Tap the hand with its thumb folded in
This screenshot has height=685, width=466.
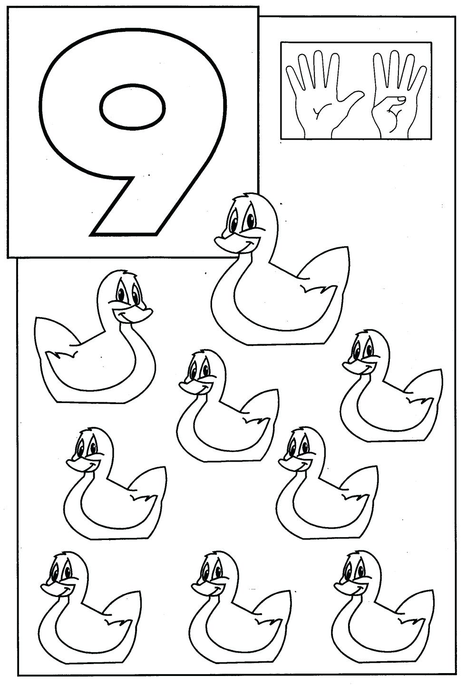pos(398,93)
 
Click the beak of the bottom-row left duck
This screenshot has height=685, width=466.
pos(50,589)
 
